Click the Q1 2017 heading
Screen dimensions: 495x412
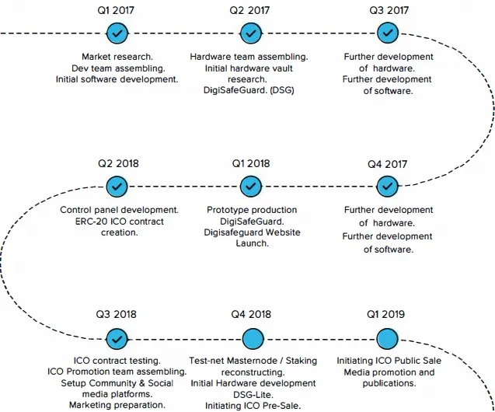point(116,10)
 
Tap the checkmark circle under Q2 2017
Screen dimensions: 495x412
point(251,33)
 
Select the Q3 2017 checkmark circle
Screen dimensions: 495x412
point(388,33)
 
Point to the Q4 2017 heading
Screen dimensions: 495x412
point(387,164)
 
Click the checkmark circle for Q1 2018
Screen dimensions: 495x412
point(251,187)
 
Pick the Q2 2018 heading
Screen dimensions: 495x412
point(118,163)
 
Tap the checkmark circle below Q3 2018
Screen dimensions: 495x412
point(117,339)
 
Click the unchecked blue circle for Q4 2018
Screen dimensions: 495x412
point(253,339)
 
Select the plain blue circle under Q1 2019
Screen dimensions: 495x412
point(387,339)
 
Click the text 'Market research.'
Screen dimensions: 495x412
point(117,57)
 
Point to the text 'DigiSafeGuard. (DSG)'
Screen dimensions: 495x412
point(249,90)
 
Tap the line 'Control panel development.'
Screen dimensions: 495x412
point(120,210)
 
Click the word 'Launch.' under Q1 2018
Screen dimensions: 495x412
point(253,243)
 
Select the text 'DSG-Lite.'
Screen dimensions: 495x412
point(253,395)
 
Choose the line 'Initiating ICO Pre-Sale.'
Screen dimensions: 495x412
point(253,406)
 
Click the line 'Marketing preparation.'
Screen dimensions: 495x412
point(117,405)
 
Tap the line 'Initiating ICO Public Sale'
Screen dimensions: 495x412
point(389,361)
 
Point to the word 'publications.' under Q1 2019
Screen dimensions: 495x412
point(389,383)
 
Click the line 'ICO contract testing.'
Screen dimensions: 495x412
point(117,361)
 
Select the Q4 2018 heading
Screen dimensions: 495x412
point(251,315)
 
